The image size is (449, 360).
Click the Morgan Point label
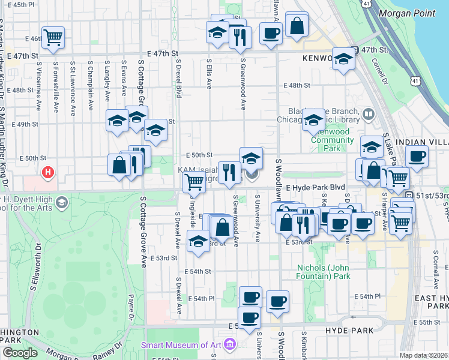(406, 12)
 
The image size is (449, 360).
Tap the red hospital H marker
(47, 173)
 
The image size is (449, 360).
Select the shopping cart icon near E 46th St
(53, 37)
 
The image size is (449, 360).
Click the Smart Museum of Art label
(180, 345)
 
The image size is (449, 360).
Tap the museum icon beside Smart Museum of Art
(229, 345)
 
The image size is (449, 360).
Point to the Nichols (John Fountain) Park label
(324, 272)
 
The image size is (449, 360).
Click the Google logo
(20, 353)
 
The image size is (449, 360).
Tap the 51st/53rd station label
(428, 196)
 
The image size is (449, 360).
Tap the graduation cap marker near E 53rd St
(198, 242)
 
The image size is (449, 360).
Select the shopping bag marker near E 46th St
(297, 26)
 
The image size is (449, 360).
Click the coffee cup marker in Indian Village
(417, 157)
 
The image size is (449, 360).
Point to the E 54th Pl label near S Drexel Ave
(200, 298)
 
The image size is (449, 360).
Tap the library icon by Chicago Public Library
(368, 113)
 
